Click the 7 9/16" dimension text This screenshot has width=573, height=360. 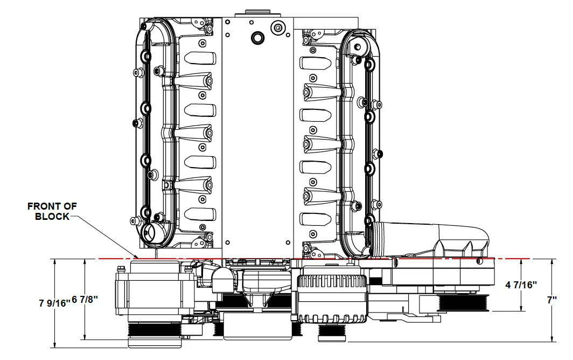point(54,303)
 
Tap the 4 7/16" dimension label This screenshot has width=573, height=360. point(522,285)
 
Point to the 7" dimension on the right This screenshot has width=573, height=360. point(551,300)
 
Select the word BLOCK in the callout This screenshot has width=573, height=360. point(52,216)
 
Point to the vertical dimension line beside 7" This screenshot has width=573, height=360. point(554,323)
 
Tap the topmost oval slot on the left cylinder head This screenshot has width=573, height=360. point(200,58)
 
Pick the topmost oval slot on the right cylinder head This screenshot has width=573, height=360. point(315,64)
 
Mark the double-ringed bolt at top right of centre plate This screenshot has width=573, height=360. point(278,27)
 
